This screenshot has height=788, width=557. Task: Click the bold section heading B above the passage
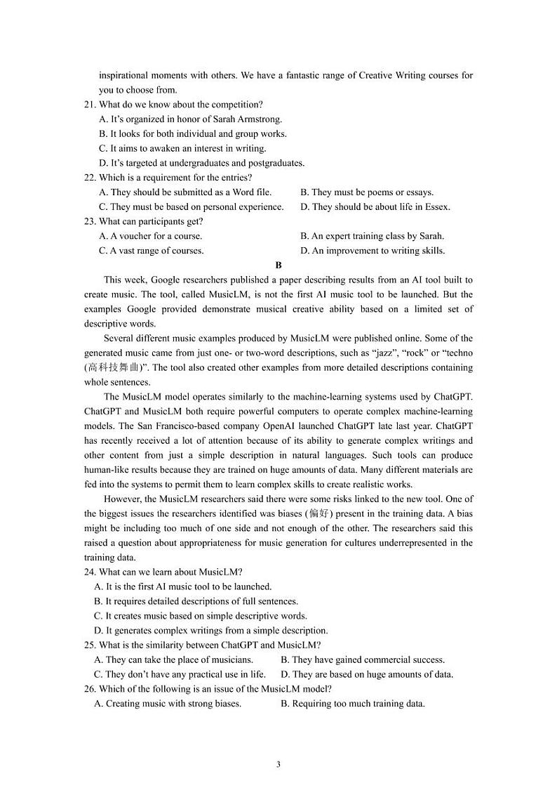point(278,265)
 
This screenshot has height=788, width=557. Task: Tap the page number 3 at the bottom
point(278,764)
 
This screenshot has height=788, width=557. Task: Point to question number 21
point(90,105)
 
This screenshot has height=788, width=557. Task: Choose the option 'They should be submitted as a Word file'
point(186,192)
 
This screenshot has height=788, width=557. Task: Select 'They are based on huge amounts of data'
point(367,675)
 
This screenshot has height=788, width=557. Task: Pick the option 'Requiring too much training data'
point(353,704)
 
